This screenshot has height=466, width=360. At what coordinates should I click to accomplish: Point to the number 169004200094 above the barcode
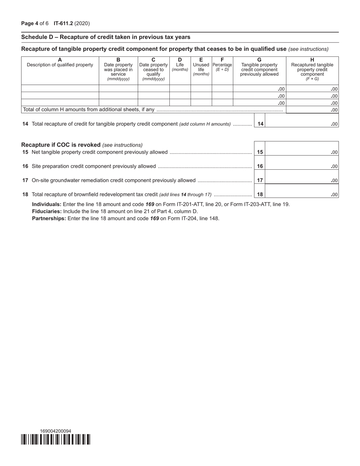[55, 431]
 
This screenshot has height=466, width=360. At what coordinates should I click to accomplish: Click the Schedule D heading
[106, 37]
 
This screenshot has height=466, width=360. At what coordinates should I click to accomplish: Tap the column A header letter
[60, 60]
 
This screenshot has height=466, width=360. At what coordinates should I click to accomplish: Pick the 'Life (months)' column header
[180, 65]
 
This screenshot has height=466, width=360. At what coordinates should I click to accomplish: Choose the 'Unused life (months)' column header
[201, 67]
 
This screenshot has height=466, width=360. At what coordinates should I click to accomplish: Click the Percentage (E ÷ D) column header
[222, 65]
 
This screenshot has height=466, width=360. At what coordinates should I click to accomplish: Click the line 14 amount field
[302, 124]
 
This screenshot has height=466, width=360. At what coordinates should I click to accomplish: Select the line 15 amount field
[302, 152]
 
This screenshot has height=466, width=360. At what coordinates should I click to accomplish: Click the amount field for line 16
[302, 166]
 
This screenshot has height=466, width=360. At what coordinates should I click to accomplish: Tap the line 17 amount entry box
[302, 180]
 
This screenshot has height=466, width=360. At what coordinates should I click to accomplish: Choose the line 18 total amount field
[302, 194]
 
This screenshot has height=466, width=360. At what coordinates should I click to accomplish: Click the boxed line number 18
[260, 194]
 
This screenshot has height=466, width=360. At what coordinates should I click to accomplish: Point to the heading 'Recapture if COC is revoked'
[61, 145]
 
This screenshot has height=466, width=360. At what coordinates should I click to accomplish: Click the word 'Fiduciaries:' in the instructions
[47, 211]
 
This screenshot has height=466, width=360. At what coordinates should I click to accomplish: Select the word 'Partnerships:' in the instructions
[49, 218]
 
